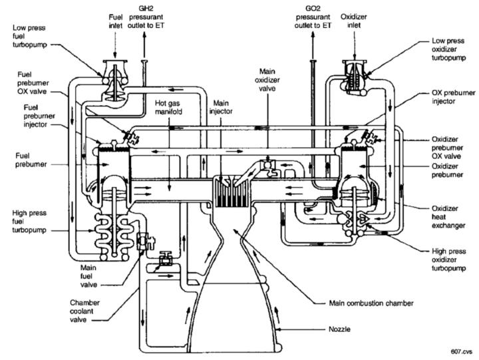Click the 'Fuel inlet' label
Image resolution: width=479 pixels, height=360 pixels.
tap(116, 21)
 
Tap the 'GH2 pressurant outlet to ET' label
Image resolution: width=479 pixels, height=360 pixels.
tap(146, 17)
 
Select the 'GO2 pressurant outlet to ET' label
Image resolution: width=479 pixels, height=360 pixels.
tap(313, 17)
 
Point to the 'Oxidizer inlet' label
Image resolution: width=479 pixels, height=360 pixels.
tap(354, 21)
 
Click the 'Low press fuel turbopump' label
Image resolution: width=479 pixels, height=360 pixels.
tap(30, 37)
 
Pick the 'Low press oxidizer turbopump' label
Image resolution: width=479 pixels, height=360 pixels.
tap(449, 49)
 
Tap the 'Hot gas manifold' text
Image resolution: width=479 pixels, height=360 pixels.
tap(168, 108)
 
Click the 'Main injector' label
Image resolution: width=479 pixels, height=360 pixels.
tap(221, 107)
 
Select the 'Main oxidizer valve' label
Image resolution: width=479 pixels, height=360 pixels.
tap(267, 80)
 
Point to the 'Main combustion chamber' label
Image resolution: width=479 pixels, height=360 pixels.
tap(371, 303)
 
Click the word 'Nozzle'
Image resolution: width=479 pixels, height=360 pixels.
tap(339, 329)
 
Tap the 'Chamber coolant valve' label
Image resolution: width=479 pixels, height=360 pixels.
tap(84, 311)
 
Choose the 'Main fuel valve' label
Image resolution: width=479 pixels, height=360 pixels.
tap(88, 276)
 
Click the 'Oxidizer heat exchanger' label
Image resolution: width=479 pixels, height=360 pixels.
tap(448, 217)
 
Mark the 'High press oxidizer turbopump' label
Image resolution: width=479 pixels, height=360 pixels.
tap(449, 260)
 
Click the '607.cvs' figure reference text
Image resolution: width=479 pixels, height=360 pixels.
tap(462, 352)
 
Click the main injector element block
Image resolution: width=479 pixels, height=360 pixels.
tap(231, 191)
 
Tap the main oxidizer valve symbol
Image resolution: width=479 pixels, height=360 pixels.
tap(269, 167)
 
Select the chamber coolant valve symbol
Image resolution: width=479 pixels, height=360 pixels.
tap(165, 259)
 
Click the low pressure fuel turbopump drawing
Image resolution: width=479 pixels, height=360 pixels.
tap(115, 81)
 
